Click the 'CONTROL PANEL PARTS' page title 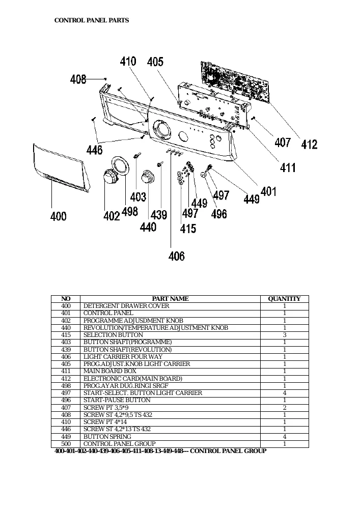pos(92,20)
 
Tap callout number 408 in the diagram pos(78,79)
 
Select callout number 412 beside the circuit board pos(309,144)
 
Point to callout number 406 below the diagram pos(177,256)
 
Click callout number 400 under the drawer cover pos(59,216)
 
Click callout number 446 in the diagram pos(95,150)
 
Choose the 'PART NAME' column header pos(170,299)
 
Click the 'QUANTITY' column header pos(284,299)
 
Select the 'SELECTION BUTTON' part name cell pos(113,335)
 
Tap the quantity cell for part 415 pos(285,335)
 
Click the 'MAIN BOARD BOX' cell pos(109,371)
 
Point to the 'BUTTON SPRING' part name pos(107,437)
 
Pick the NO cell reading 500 pos(66,444)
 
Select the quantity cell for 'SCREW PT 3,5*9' pos(285,408)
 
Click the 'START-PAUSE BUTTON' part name pos(117,400)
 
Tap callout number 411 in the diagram pos(288,167)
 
